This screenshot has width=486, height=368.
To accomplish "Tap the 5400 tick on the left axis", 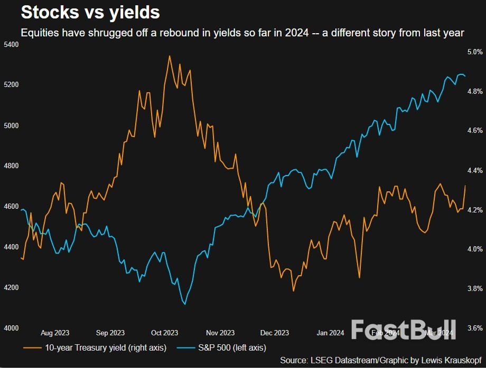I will [x=11, y=44].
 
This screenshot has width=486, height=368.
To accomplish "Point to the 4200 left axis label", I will [x=11, y=287].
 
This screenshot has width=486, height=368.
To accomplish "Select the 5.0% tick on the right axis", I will [x=475, y=52].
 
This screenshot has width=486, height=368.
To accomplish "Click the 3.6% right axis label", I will [x=475, y=328].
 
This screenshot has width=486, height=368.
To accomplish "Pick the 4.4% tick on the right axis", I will [x=475, y=170].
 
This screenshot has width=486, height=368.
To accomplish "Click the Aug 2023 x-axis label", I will [x=55, y=333].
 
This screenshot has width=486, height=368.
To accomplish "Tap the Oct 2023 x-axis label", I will [x=164, y=333].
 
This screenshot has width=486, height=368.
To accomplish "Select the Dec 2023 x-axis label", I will [x=275, y=333].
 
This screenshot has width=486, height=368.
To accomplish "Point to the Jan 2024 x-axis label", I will [x=330, y=333].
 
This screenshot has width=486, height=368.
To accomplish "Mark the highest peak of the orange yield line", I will [x=170, y=56].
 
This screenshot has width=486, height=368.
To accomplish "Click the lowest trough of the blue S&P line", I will [x=184, y=304].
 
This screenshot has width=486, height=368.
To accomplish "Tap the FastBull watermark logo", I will [x=403, y=330].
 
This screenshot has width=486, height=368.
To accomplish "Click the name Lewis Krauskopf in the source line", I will [x=448, y=360].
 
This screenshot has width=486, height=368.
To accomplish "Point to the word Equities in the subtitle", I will [x=38, y=33].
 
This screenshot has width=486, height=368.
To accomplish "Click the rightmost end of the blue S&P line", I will [x=465, y=76].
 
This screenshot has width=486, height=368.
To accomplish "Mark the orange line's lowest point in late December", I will [x=294, y=290].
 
